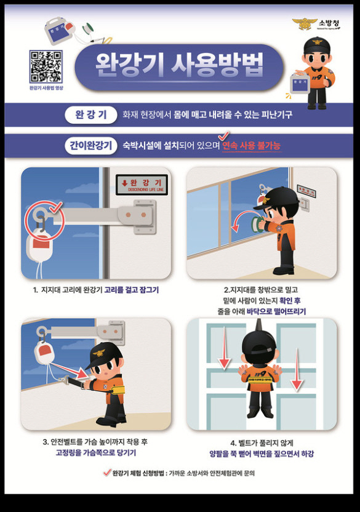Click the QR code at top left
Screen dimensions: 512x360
46,67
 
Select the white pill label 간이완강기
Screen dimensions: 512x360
90,146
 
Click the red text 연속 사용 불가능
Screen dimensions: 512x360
251,146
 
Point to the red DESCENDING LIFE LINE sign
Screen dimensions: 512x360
142,185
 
